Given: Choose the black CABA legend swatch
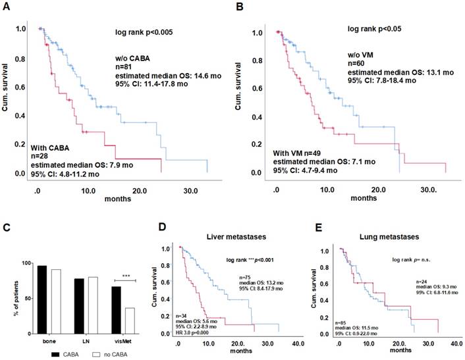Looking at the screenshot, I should click(x=40, y=354).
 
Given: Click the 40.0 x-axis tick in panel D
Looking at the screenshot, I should click(x=297, y=342).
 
